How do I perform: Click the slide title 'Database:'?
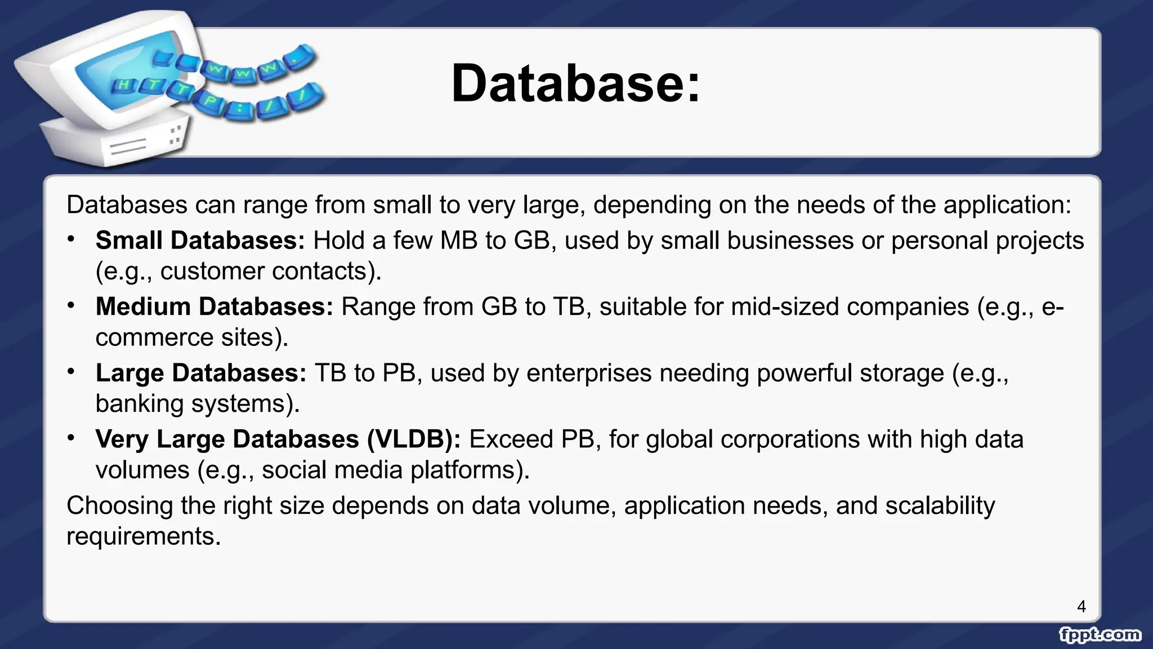click(575, 83)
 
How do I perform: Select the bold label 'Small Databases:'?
click(200, 241)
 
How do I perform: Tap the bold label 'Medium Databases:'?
click(214, 307)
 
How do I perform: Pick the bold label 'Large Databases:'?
click(201, 373)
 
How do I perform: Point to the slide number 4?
click(1081, 606)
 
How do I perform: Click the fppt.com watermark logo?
click(1100, 634)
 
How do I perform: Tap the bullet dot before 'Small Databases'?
click(71, 239)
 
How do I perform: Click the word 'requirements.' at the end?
click(144, 536)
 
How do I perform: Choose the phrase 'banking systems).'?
click(198, 404)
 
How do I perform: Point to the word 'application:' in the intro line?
click(1007, 205)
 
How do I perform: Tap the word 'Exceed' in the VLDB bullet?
click(511, 439)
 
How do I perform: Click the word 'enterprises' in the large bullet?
click(589, 373)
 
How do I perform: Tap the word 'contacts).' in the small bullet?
click(327, 272)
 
